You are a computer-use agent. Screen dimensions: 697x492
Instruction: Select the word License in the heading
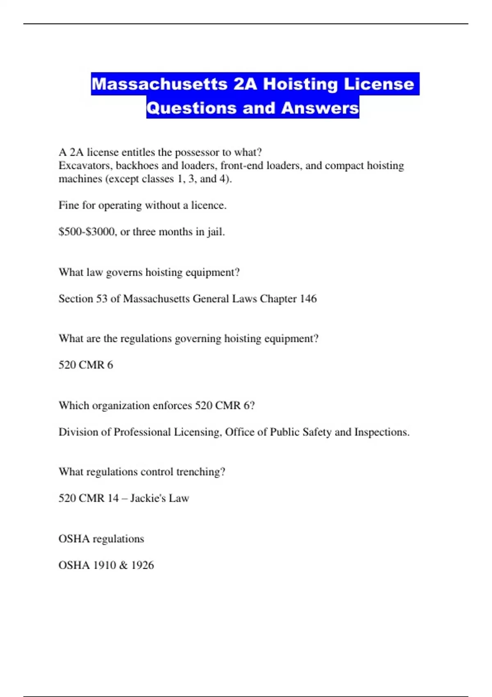[379, 84]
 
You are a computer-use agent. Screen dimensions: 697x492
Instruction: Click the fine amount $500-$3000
[87, 232]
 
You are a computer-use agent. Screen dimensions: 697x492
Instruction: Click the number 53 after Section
[101, 298]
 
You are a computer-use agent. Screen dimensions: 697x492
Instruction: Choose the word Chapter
[278, 298]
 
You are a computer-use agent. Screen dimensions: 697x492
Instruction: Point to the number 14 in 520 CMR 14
[113, 498]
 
